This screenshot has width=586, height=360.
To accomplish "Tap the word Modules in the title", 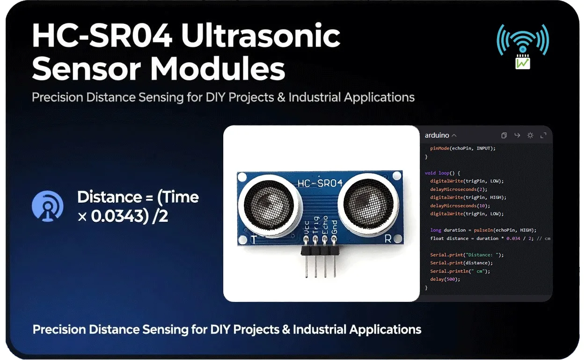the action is coord(218,68).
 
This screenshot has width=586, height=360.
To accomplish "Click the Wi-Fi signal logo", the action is coord(523,46).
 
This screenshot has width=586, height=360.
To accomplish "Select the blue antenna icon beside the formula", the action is coord(48,206).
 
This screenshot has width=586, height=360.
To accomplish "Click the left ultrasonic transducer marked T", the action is coord(269,206).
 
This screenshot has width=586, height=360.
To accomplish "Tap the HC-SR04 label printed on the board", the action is coord(320,183).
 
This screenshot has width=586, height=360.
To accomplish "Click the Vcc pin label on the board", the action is coord(307,228).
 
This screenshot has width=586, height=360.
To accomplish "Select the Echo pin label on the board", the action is coord(325,225).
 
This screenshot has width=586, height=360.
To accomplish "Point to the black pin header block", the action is coord(320,251).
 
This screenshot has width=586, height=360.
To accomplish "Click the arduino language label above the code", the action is coord(437,135).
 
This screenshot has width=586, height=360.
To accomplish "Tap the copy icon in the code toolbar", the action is coord(504,135).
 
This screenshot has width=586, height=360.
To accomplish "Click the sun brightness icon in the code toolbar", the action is coord(530,135).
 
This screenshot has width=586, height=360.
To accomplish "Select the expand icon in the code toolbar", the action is coord(543,135).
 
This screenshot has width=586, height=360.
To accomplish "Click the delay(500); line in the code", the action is coord(445,279).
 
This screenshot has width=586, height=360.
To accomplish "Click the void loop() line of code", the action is coord(442,173).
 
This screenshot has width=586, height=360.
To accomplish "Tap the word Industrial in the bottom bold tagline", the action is coord(320,330).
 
